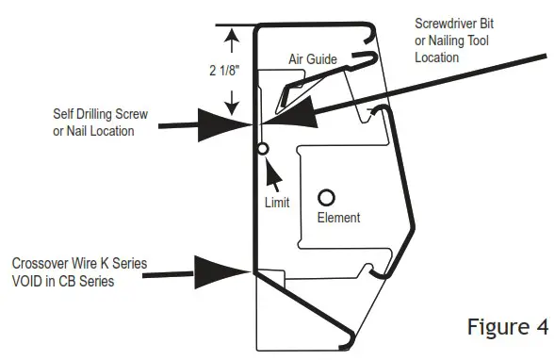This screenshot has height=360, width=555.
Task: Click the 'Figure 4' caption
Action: tap(507, 327)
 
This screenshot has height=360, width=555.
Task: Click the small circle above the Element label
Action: tap(326, 198)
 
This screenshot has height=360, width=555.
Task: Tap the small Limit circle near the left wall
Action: tap(263, 148)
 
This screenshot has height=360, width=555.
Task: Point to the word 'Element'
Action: tap(338, 218)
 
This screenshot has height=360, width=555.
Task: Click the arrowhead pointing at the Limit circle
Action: tap(269, 164)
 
